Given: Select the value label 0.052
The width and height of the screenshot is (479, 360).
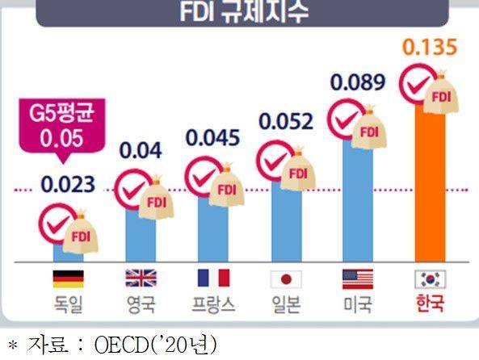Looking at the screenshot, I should coord(285,122).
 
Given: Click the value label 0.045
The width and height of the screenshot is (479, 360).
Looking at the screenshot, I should coord(212,137).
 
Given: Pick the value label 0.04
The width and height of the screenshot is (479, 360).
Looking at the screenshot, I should coord(140,149).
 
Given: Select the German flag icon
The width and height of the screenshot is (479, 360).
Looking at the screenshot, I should coord(68,279).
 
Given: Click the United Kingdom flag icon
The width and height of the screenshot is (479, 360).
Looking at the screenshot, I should coord(141,279).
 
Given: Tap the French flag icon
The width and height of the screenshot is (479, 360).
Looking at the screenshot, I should coord(213,279).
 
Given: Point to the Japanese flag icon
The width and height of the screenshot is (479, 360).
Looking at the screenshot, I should coord(285,279).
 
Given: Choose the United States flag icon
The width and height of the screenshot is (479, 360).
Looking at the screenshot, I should coord(358,279).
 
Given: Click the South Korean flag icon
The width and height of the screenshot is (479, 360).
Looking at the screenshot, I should coord(430,279).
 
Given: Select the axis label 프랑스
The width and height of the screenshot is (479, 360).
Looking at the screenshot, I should coord(213,306).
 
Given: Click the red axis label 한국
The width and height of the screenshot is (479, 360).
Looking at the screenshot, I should coord(430,306).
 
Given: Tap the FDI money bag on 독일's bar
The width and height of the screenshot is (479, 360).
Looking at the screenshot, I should coord(81,233).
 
